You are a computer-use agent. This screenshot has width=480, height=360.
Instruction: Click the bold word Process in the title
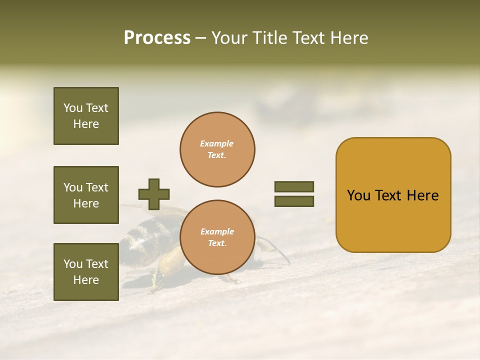coord(157,38)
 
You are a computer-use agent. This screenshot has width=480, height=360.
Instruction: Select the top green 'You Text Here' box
coord(86,116)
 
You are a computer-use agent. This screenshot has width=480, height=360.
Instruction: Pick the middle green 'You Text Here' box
coord(86,195)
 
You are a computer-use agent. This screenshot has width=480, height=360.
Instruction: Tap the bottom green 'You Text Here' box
coord(86,272)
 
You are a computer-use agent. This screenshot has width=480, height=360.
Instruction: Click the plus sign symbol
coord(154,194)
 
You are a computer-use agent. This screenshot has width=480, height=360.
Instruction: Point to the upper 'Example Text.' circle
coord(217,149)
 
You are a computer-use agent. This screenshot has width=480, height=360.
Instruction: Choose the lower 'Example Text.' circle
coord(217,237)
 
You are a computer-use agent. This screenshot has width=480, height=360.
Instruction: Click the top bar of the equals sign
coord(294,186)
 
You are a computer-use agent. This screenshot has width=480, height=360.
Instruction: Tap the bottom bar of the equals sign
coord(294,201)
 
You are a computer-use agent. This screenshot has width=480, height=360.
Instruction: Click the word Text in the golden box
coord(392,195)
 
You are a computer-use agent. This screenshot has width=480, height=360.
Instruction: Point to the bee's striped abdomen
coord(145,235)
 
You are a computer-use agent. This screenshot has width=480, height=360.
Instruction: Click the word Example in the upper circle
coord(217,143)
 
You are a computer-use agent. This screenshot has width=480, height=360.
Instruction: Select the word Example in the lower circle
coord(217,231)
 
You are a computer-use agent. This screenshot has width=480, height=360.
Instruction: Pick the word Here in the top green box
coord(86,124)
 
